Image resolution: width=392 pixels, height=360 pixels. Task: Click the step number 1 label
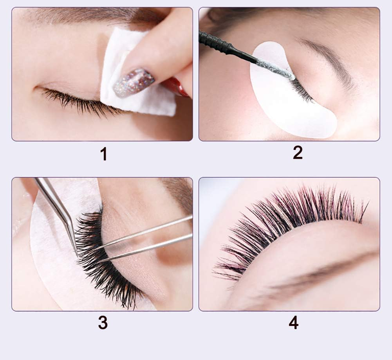coord(103,154)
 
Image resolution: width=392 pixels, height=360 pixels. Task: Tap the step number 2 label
coord(298,153)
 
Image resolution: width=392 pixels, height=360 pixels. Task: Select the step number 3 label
coord(103,323)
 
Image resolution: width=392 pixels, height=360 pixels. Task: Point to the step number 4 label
coord(293,323)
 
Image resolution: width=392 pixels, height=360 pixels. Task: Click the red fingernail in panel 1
coord(176,86)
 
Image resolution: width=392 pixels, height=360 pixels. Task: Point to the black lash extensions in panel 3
coord(102,270)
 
